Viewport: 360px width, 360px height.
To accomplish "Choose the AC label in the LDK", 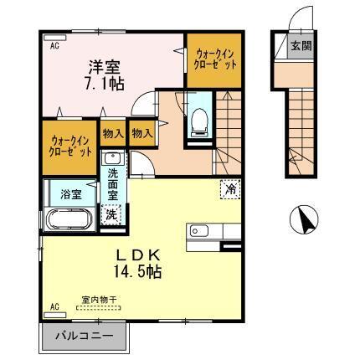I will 54,308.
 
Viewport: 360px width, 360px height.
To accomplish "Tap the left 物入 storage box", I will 114,133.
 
